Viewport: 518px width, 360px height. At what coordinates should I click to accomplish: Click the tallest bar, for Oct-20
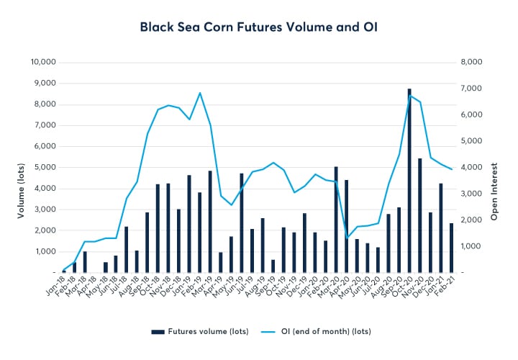[409, 181]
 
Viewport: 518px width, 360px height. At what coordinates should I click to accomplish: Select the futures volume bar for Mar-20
[336, 220]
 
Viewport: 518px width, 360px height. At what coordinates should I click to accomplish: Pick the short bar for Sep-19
[273, 266]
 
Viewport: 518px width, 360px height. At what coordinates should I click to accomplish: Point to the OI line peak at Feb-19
[200, 93]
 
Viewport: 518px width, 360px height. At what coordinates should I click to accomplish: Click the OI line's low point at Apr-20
[347, 238]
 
